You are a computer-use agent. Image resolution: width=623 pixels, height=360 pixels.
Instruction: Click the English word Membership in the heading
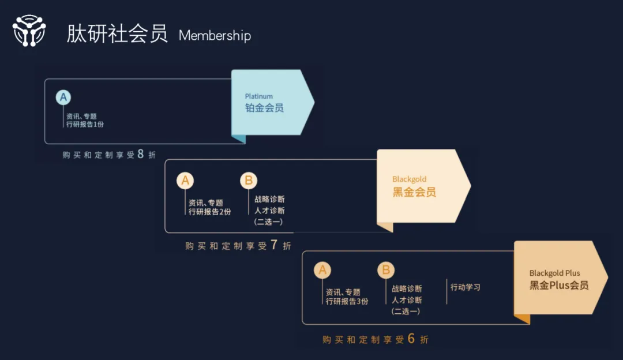[215, 36]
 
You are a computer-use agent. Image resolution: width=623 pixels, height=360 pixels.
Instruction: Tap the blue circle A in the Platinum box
[63, 97]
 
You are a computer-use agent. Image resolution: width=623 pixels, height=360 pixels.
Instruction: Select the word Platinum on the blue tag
[258, 96]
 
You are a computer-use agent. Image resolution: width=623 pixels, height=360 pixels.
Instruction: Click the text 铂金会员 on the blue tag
[264, 108]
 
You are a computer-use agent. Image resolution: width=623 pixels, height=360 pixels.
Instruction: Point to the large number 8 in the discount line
[140, 154]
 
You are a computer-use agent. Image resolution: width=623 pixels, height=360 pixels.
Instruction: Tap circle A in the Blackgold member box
[185, 181]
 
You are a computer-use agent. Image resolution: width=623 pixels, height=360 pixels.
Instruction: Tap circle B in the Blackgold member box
[249, 181]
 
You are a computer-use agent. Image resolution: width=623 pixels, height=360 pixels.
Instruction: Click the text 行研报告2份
[209, 212]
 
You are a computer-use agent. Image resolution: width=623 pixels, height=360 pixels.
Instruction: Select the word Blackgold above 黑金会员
[409, 179]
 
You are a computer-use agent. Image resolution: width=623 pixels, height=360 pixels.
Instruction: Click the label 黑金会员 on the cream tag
[414, 192]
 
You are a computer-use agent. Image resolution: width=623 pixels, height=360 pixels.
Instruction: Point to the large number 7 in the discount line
[273, 245]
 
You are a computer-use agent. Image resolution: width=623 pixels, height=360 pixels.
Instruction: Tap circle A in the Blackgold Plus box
[322, 270]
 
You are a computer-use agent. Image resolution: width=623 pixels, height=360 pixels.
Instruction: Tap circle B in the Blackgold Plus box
[386, 270]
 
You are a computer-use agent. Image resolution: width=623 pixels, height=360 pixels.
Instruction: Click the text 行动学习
[466, 287]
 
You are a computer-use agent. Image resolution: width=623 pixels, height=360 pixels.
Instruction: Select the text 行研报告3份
[347, 301]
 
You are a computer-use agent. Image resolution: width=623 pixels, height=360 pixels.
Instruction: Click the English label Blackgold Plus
[554, 273]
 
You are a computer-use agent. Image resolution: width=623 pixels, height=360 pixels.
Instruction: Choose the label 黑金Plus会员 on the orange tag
[559, 286]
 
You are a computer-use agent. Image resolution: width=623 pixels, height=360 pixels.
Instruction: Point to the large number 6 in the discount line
[411, 339]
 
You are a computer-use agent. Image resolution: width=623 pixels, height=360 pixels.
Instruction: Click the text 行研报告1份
[85, 125]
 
